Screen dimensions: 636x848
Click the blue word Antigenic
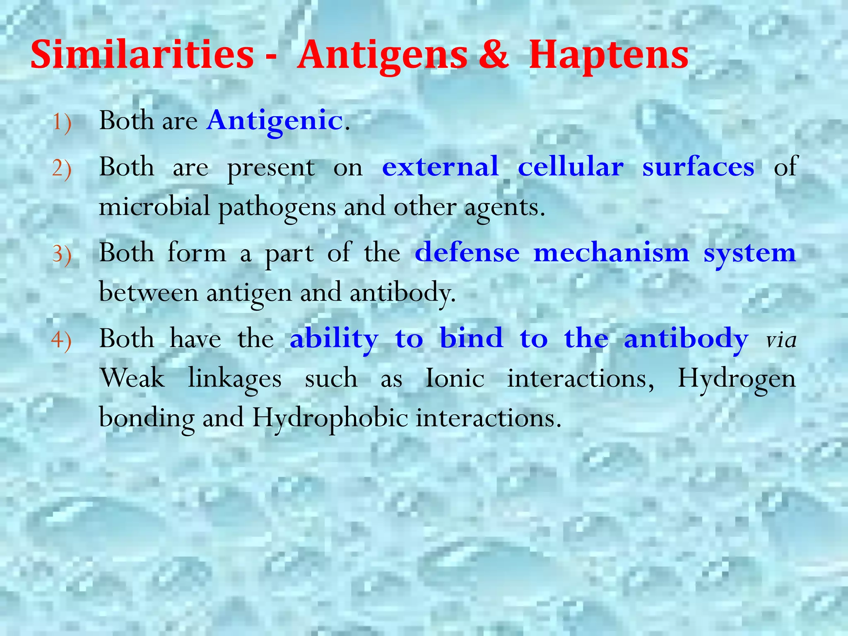275,121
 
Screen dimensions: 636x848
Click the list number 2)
62,169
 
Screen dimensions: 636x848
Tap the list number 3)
62,254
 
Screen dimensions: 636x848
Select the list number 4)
62,340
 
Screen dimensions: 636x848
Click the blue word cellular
571,167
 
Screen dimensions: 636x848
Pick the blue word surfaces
698,167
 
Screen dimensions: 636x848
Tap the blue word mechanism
612,253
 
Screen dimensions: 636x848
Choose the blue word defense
467,253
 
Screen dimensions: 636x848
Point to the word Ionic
455,378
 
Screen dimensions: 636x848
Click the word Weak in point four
132,378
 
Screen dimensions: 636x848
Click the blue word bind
471,338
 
